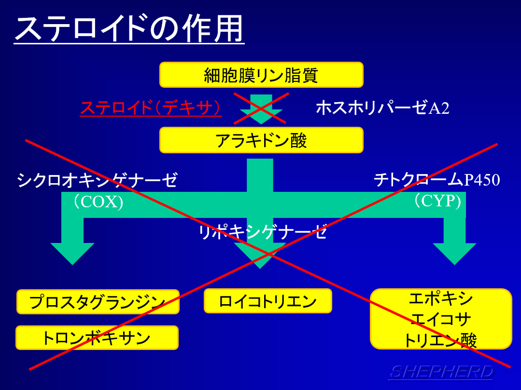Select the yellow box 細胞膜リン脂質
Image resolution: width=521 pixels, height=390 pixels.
[261, 75]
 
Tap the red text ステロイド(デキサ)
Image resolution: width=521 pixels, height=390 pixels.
[151, 108]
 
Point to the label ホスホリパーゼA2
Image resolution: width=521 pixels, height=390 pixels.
[382, 108]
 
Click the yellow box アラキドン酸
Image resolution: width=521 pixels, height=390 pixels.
[261, 140]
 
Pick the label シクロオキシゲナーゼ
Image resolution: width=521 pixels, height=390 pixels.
[97, 180]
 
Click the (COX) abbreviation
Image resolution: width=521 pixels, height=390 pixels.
[99, 202]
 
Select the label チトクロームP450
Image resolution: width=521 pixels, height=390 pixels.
[437, 179]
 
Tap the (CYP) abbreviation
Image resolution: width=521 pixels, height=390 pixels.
[438, 201]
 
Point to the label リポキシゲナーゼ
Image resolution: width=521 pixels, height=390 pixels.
[263, 232]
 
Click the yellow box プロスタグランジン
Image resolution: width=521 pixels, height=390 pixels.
[98, 302]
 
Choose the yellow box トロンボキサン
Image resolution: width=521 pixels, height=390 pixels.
[97, 337]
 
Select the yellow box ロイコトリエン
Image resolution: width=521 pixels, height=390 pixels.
[268, 301]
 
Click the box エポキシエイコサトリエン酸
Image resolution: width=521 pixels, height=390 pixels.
[440, 319]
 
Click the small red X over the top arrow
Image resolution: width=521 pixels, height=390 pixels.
[261, 108]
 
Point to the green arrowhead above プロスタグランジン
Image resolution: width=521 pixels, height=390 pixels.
[72, 254]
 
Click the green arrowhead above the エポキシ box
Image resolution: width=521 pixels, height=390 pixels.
[454, 254]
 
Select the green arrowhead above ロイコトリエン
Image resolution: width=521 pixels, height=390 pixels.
[260, 256]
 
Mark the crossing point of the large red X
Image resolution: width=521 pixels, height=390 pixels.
[268, 255]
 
